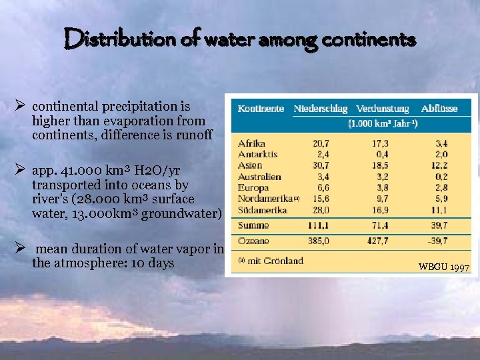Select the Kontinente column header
pos(261,108)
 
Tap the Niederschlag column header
pos(321,108)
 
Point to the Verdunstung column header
pos(383,108)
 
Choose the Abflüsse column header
pos(439,108)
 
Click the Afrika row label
pos(251,143)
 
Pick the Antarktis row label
pos(257,154)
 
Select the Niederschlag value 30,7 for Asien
pos(321,165)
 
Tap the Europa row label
pos(253,188)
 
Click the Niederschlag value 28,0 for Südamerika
pos(321,210)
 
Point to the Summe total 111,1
pos(320,226)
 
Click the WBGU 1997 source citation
pos(444,267)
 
